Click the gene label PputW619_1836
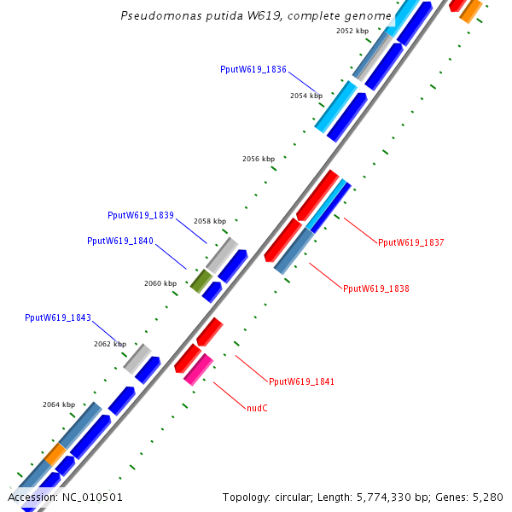pos(253,70)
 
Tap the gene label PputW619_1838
pos(376,288)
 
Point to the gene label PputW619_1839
pos(141,216)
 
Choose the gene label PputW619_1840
pos(120,241)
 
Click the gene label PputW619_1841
pos(301,381)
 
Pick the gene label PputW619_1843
pos(58,317)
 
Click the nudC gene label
pos(257,409)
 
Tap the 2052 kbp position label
pos(352,31)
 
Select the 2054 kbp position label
pos(306,96)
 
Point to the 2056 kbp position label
pos(259,159)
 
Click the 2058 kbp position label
pos(210,221)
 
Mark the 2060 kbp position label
pos(160,283)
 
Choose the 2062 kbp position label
pos(110,344)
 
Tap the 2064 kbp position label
pos(59,404)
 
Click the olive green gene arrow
pos(201,280)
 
